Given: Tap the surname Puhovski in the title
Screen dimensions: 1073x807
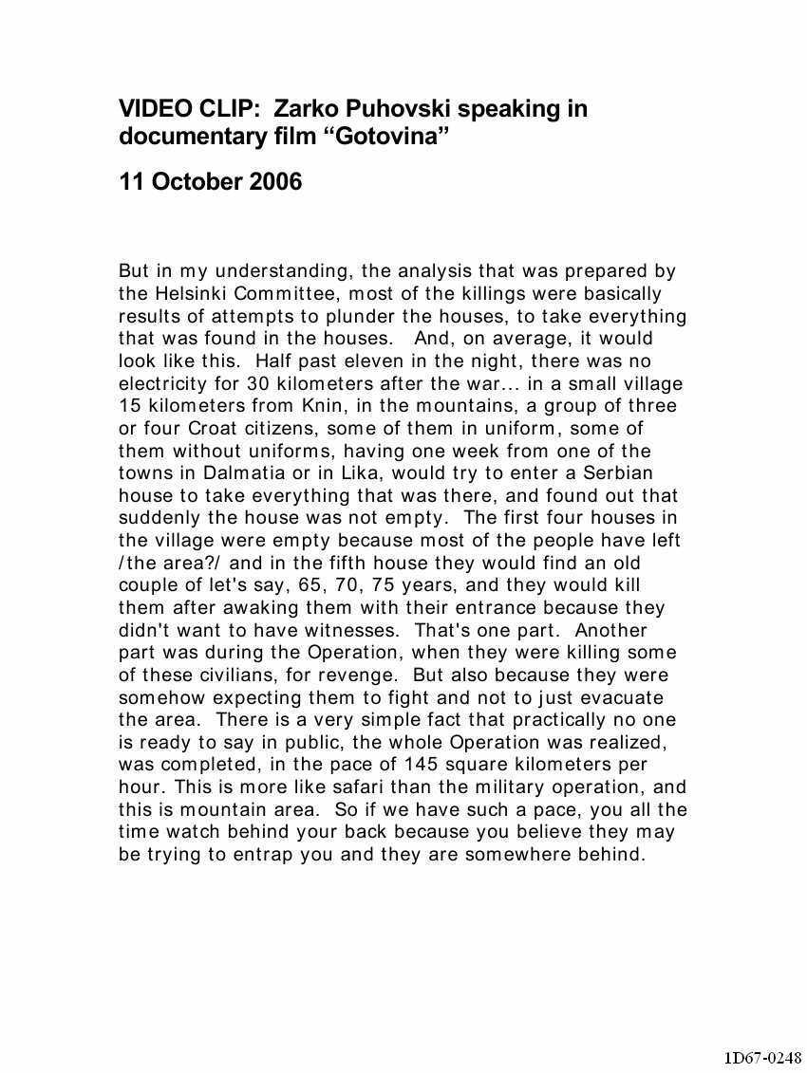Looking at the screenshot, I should click(386, 109).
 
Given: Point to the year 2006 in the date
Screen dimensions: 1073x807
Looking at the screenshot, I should click(275, 182).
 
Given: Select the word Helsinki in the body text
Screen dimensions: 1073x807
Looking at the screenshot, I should click(186, 293).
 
